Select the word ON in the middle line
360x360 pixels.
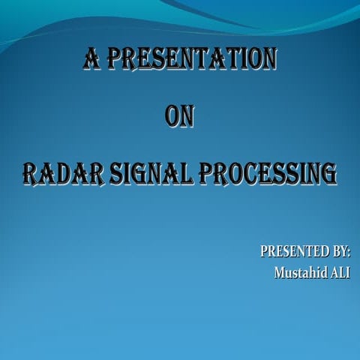179,118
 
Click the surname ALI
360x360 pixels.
340,271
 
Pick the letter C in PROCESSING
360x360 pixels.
253,175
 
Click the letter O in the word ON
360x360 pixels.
172,118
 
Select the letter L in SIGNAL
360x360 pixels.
190,175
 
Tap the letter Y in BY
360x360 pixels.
342,251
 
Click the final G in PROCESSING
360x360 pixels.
328,175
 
